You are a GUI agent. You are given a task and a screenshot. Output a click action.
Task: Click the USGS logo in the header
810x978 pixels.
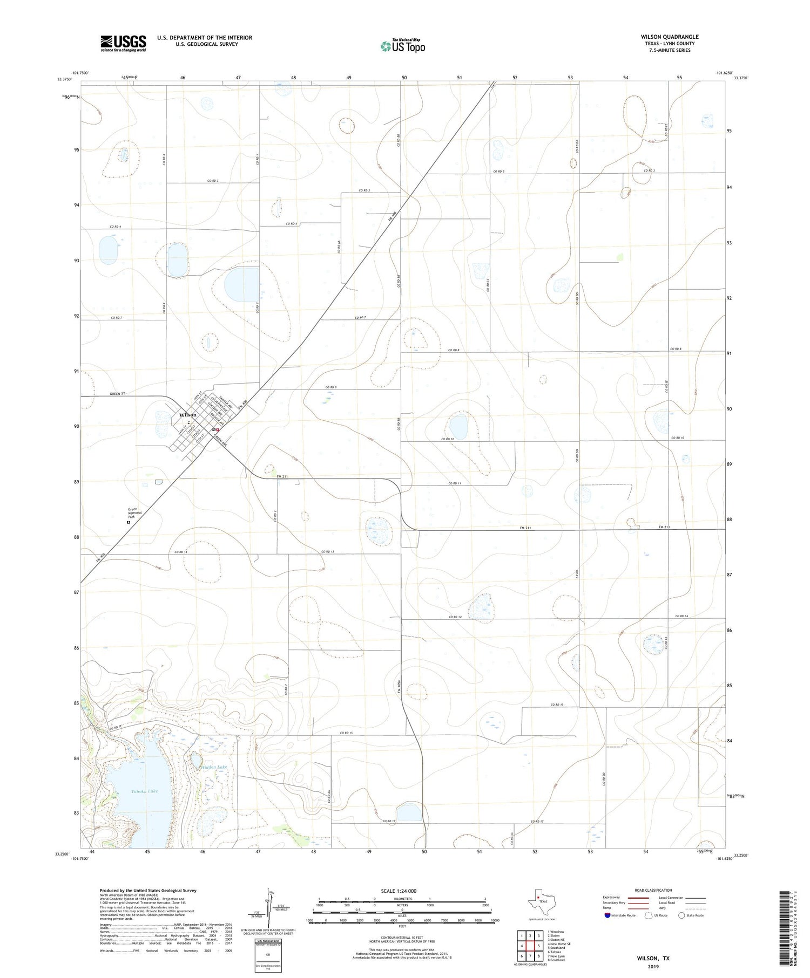(123, 43)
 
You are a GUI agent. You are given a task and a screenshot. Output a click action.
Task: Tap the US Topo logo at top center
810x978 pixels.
(403, 46)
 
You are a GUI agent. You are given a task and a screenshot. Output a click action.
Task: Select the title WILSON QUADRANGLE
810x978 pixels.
(669, 37)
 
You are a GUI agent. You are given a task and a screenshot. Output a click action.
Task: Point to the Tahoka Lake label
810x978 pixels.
(145, 791)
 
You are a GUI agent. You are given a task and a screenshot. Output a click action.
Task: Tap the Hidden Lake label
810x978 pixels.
(215, 767)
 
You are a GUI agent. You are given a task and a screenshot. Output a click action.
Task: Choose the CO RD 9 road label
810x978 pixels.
(331, 387)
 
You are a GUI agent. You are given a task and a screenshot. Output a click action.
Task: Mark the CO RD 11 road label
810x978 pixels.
(455, 483)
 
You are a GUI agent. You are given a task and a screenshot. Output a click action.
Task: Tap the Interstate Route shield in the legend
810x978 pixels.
(607, 915)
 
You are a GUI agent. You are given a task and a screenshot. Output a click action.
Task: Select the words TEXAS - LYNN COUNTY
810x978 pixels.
(669, 44)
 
